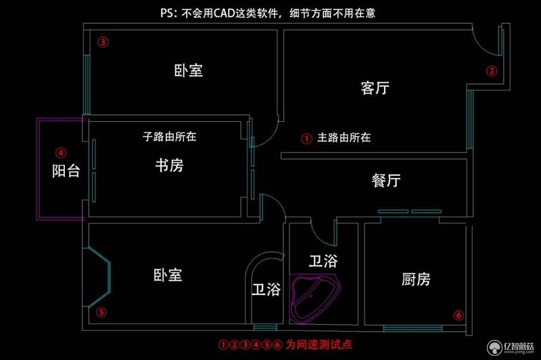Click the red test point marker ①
[306, 139]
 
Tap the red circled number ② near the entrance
[492, 71]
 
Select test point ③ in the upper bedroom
[103, 42]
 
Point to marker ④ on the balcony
[61, 152]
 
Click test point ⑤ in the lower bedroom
[101, 313]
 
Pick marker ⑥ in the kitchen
[458, 315]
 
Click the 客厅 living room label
[375, 88]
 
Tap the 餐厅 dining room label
[386, 180]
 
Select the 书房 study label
[170, 165]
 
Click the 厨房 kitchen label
[416, 279]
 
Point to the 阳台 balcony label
[66, 171]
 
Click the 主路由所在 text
[344, 137]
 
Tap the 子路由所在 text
[170, 136]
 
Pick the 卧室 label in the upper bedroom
[189, 70]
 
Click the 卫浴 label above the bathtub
[323, 261]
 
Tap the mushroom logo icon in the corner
[495, 347]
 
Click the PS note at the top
[268, 13]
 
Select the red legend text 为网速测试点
[319, 344]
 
